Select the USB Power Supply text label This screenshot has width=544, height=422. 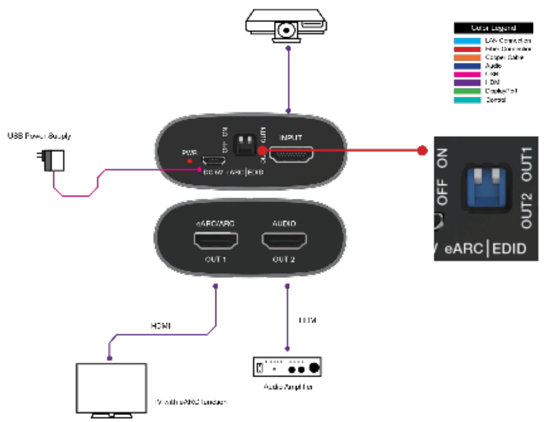(x=39, y=137)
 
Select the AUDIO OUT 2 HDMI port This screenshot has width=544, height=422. (x=284, y=241)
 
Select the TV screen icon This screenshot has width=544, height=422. (x=112, y=388)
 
